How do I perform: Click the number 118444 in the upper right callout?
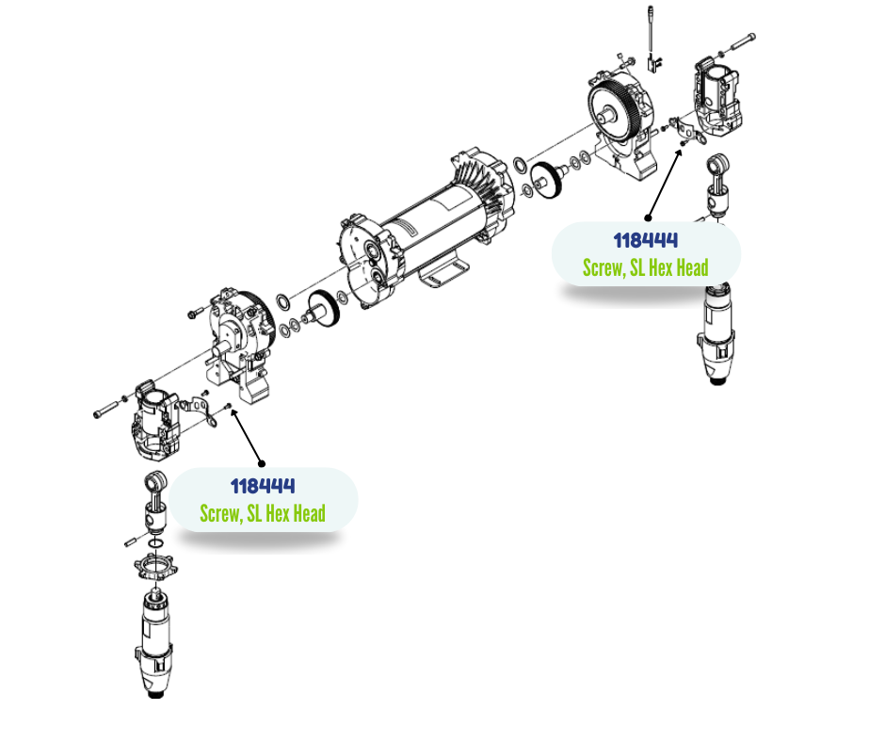[645, 240]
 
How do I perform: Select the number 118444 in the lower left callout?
[263, 486]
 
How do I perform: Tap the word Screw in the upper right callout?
[603, 267]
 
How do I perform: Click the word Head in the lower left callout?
[310, 513]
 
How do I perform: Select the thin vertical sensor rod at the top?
[651, 30]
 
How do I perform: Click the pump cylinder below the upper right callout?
[716, 333]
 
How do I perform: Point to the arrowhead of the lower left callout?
[233, 412]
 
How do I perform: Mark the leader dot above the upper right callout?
[648, 218]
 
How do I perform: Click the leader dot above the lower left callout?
[262, 463]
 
